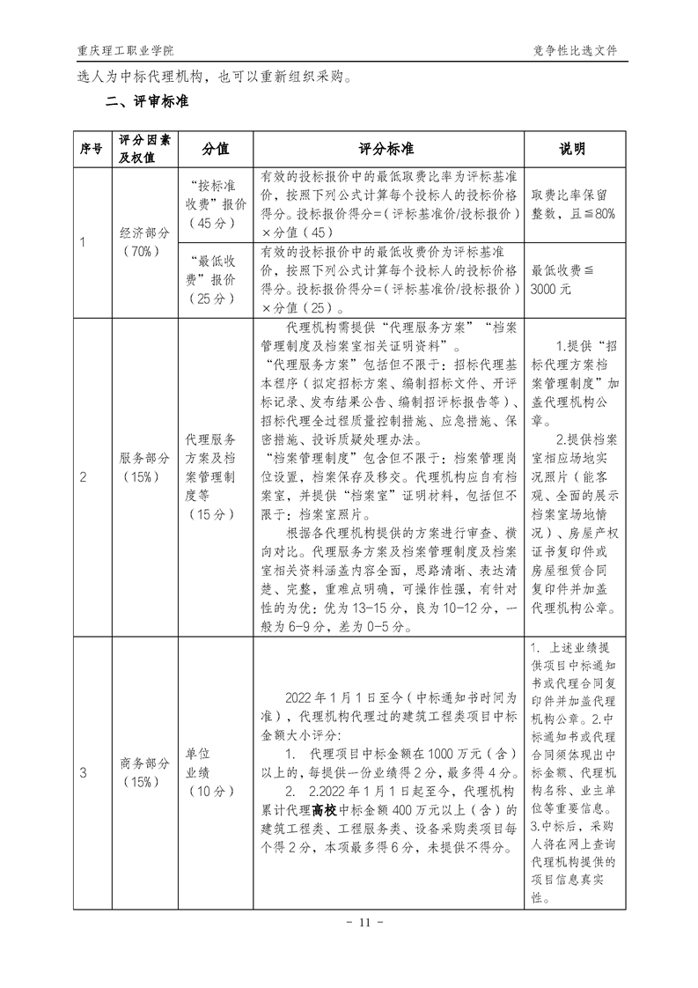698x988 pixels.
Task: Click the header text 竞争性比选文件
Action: (576, 51)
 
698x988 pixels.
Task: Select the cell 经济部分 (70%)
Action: (143, 241)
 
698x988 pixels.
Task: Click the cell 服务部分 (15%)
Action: (143, 476)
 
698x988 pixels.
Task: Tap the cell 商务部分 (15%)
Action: (143, 772)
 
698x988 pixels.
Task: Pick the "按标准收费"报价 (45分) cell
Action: (215, 205)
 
